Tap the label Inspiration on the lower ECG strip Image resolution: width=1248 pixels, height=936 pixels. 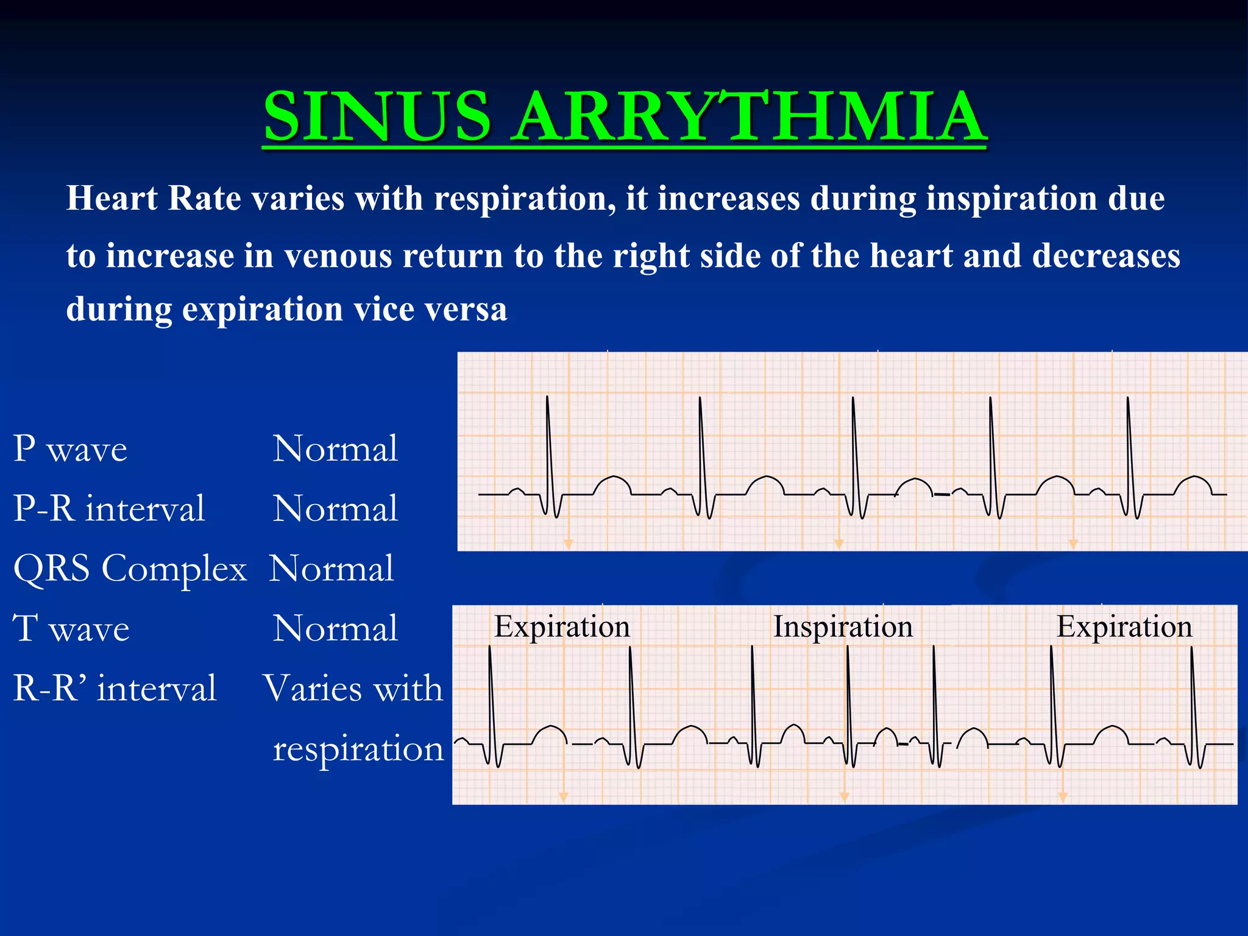(843, 626)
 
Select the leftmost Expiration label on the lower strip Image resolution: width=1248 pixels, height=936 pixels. (562, 626)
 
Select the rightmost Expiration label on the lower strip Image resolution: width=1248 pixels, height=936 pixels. (1124, 626)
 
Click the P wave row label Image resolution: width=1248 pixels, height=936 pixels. (70, 449)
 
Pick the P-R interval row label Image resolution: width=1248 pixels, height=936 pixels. (109, 508)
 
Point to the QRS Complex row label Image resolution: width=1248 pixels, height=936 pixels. (130, 569)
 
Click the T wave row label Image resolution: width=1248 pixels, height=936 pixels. (71, 628)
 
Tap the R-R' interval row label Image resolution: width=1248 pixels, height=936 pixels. (115, 688)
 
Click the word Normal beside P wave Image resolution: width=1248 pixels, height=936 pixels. (335, 449)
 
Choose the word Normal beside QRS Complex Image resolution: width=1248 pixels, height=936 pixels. (331, 569)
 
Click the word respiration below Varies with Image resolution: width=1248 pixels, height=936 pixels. (358, 748)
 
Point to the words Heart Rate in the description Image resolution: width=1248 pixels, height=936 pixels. (153, 199)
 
